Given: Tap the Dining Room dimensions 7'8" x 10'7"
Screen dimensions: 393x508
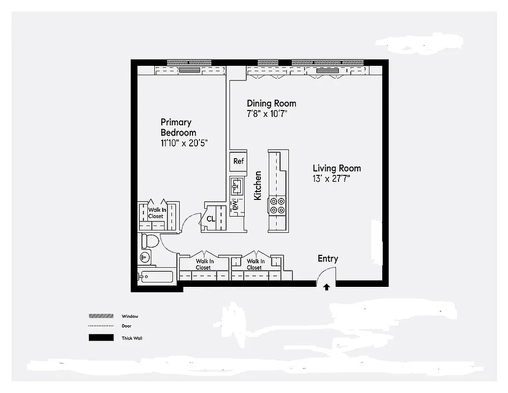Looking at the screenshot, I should tap(267, 113).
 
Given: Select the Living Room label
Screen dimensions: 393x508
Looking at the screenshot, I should tap(337, 168).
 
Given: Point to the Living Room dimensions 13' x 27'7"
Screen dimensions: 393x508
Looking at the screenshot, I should tap(331, 179).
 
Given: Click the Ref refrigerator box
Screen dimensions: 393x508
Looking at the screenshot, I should tap(238, 161).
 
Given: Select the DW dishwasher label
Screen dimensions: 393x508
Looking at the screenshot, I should tap(235, 205).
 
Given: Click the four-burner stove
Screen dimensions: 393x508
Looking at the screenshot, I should tap(278, 205).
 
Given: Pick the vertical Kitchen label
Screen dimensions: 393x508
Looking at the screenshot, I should tap(257, 185).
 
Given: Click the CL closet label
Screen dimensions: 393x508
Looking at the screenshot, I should tap(211, 219).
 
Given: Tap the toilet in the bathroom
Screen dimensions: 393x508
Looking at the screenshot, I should tap(150, 241).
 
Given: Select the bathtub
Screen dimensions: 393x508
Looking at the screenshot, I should tap(156, 277).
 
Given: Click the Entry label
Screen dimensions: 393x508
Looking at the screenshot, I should tap(328, 258).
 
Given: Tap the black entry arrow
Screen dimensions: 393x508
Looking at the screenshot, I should tap(327, 287).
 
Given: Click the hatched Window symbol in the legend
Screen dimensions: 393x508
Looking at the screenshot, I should tap(101, 316).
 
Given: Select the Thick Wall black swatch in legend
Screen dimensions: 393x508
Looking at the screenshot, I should tap(101, 338).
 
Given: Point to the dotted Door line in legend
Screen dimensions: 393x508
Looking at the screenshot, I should tap(101, 326).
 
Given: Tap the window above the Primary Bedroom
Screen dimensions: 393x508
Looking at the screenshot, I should tap(189, 62).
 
